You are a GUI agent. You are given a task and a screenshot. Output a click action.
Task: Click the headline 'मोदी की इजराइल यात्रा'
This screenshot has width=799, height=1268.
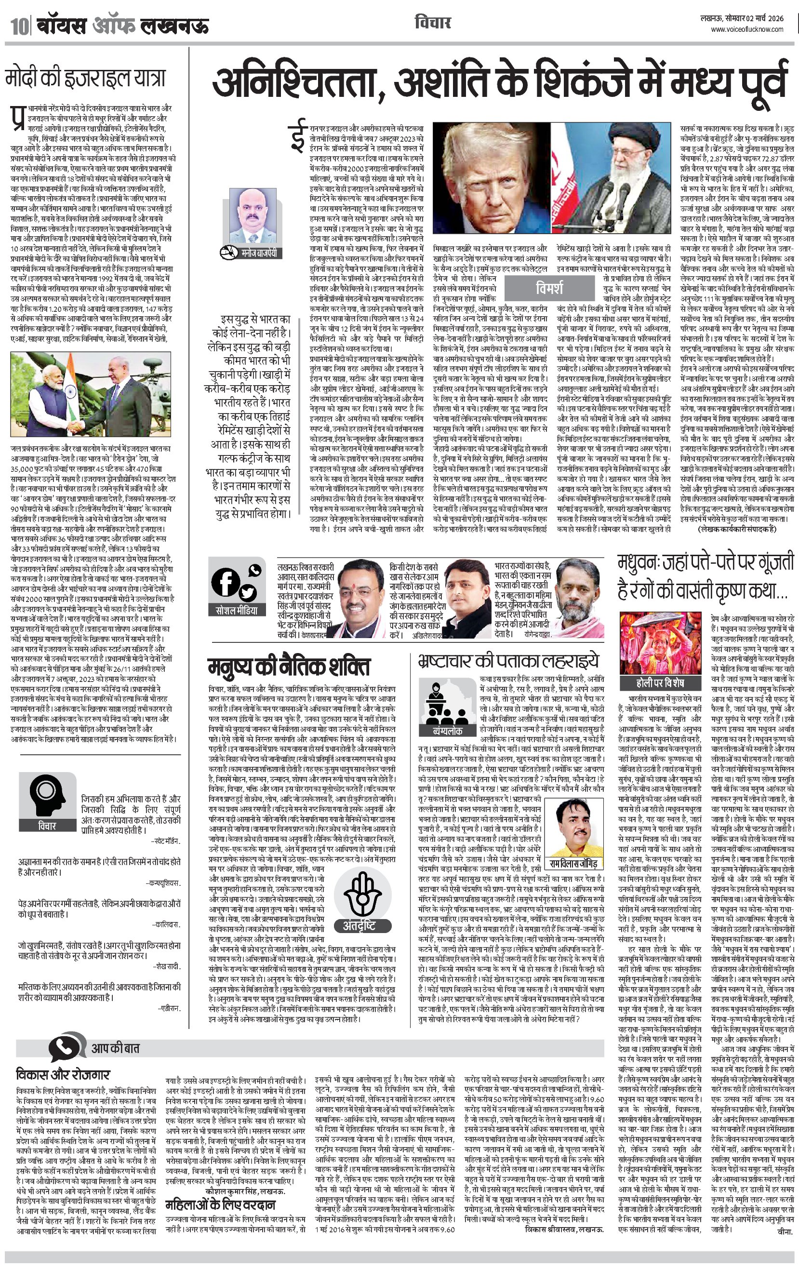point(85,79)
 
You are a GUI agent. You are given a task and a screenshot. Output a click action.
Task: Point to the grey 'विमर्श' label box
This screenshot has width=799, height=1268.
point(549,288)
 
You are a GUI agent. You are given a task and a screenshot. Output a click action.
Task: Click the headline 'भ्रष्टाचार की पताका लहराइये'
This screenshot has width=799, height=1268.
point(508,661)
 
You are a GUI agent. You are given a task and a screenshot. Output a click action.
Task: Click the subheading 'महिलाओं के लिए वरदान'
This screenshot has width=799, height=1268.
point(220,1205)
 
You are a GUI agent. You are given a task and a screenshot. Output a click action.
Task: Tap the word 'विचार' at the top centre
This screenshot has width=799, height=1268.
point(432,23)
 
